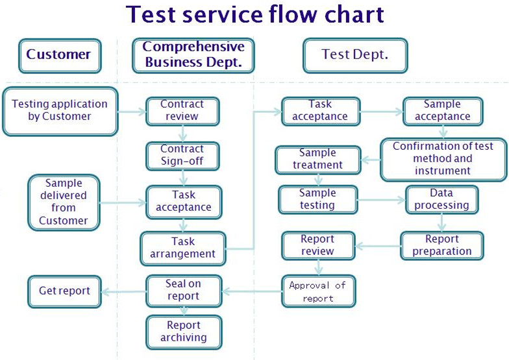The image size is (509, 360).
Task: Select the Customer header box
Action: [x=60, y=55]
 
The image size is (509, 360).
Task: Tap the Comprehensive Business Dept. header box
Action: [x=193, y=55]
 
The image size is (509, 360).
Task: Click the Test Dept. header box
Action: [x=354, y=55]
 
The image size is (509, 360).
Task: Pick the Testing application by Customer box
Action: [x=60, y=111]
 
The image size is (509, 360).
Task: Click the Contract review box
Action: [x=182, y=111]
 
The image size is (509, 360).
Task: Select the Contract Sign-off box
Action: [x=182, y=156]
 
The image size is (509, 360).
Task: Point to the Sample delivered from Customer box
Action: [x=64, y=202]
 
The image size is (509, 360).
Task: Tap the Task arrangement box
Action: [x=183, y=248]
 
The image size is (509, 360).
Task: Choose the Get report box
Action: [x=64, y=291]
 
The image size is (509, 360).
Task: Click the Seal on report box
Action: [x=183, y=290]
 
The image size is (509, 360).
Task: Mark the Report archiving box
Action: [x=183, y=331]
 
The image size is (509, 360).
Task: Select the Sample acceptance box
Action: [x=442, y=111]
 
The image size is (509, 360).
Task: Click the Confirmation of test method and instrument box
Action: [x=442, y=159]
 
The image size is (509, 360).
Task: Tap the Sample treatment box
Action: [x=317, y=160]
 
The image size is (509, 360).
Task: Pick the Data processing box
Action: [x=441, y=200]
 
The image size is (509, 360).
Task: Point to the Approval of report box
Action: [x=318, y=292]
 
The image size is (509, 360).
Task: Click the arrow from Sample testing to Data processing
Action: [x=381, y=200]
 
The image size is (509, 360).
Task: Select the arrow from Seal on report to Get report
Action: [x=124, y=291]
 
